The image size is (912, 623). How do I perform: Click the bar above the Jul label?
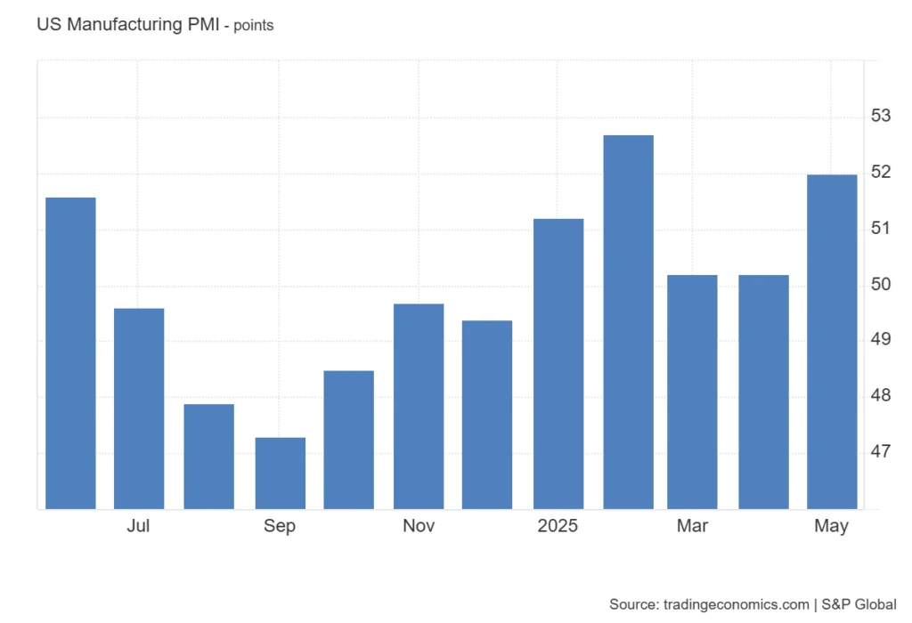(139, 409)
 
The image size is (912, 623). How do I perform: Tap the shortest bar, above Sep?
(280, 473)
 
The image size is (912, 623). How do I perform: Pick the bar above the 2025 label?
(558, 364)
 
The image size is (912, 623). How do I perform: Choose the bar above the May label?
(832, 342)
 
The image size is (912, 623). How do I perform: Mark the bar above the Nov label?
(419, 407)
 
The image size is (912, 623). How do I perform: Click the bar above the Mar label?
(692, 392)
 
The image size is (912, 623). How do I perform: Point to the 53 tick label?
(881, 116)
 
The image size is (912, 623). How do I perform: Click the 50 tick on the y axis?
(881, 285)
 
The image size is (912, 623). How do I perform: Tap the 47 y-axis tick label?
(881, 452)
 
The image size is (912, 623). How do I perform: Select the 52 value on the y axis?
(881, 172)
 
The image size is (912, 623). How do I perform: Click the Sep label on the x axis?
(279, 526)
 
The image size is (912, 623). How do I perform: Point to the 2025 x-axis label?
(558, 526)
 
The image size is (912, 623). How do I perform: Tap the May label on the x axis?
(831, 526)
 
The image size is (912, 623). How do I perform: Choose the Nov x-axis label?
(419, 526)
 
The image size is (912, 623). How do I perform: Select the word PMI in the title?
(204, 25)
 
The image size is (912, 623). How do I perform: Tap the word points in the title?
(254, 26)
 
